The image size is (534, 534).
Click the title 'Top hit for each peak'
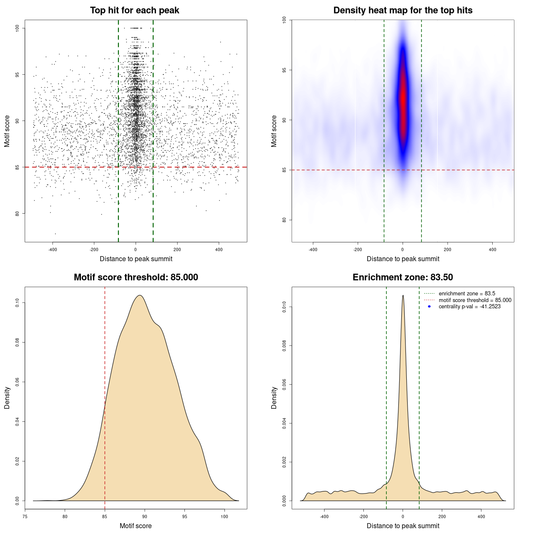click(134, 10)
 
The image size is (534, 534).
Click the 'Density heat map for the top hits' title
click(403, 10)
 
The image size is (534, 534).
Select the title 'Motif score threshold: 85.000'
click(136, 277)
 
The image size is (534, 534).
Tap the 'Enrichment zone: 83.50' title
click(403, 277)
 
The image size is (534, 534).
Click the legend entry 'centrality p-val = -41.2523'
click(469, 307)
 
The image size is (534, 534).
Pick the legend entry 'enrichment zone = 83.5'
click(467, 294)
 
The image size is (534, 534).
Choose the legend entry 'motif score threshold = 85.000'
click(475, 300)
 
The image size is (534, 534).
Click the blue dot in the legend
click(429, 307)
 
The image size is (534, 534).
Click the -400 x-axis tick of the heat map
click(313, 249)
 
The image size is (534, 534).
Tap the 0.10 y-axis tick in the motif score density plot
click(18, 302)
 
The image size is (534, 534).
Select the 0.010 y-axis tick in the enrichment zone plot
click(285, 307)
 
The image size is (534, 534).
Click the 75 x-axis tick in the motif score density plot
click(25, 516)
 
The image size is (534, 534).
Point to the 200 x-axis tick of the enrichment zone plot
click(442, 516)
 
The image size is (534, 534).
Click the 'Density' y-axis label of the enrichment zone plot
click(274, 398)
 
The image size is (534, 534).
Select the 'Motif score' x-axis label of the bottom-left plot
click(136, 526)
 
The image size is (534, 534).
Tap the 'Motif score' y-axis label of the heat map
click(274, 131)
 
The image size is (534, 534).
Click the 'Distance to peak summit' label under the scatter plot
click(136, 259)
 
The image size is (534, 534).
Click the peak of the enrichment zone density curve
click(403, 296)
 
